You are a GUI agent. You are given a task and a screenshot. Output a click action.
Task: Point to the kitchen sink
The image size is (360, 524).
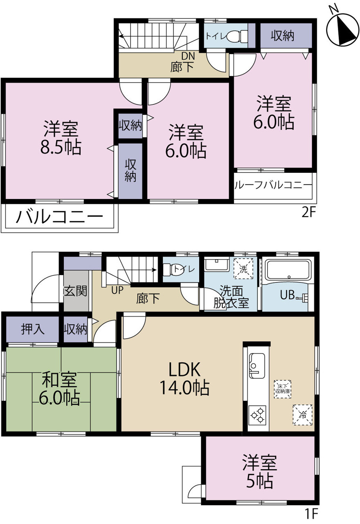pos(257,366)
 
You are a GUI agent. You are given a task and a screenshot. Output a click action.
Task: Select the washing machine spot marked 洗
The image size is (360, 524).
pos(243,269)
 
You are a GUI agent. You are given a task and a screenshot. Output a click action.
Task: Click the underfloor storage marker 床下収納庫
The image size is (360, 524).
pos(283,389)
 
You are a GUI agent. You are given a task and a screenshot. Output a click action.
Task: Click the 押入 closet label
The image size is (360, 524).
pos(32,329)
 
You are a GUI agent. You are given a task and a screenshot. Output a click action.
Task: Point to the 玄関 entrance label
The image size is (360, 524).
pos(75,291)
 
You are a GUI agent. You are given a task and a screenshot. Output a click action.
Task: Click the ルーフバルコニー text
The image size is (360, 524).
pos(273,185)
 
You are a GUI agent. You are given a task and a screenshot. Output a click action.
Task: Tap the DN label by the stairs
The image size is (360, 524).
pos(188,56)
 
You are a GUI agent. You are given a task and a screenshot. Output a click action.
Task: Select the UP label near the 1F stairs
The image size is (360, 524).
pos(117,290)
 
